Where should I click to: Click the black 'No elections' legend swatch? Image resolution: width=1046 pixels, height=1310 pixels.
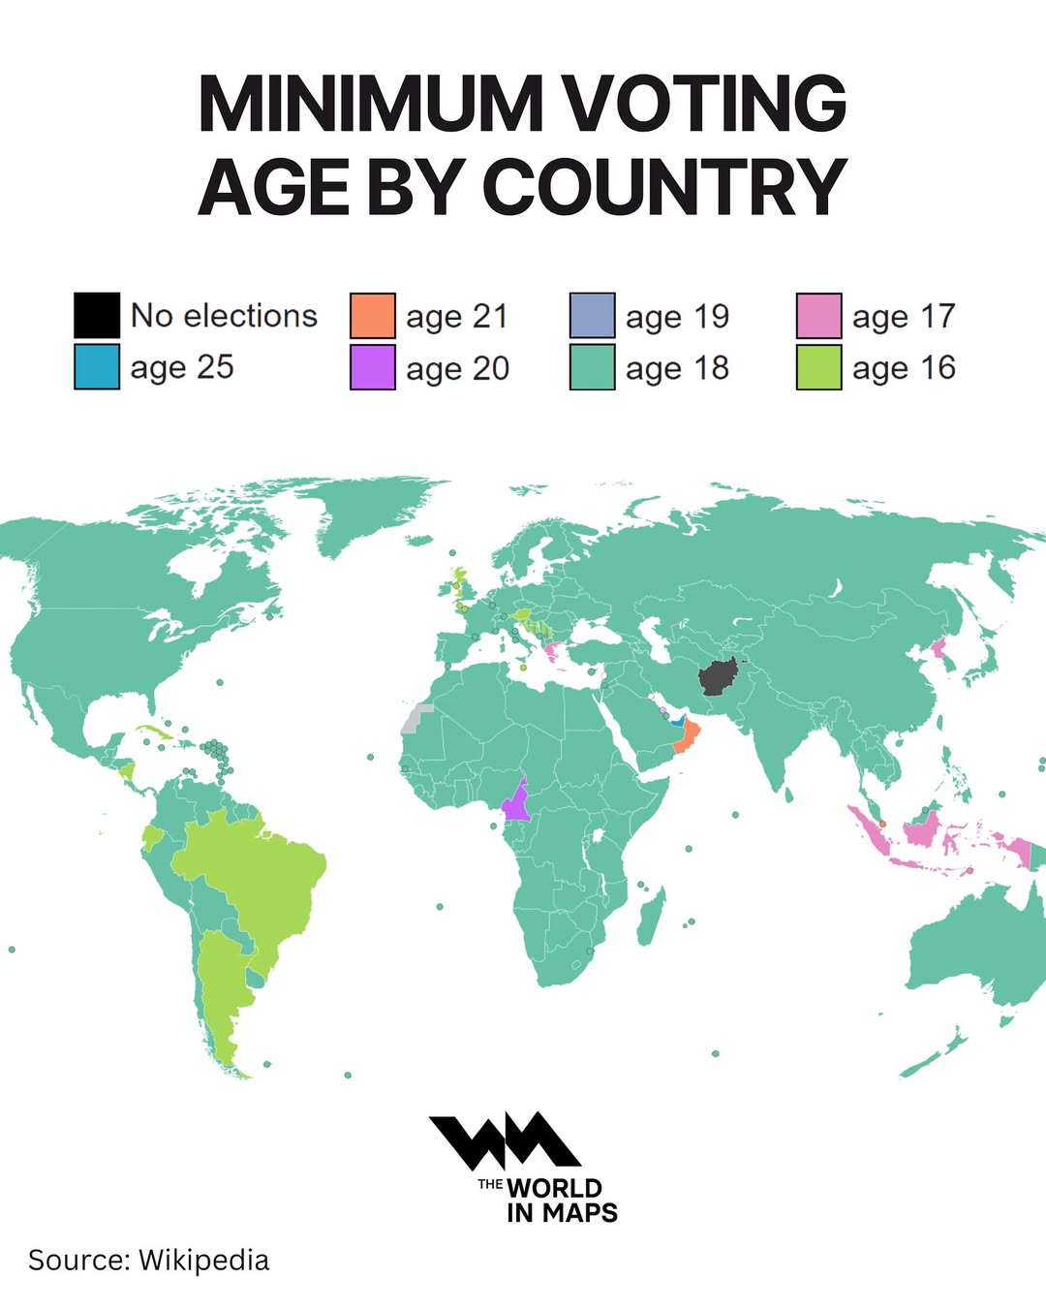coord(97,315)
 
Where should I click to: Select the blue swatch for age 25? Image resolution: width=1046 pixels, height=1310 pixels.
coord(97,367)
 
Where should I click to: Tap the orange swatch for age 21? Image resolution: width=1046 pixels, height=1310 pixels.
coord(373,316)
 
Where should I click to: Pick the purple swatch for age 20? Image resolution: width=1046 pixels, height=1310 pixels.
coord(373,368)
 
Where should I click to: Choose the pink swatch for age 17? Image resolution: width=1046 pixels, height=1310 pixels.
coord(818,316)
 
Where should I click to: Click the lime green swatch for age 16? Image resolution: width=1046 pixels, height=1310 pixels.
coord(818,368)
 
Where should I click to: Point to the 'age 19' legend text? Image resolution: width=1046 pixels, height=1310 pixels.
coord(677,316)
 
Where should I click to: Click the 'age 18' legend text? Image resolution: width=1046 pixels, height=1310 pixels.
coord(677,368)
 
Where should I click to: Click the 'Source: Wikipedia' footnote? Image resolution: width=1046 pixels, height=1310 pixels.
coord(148,1260)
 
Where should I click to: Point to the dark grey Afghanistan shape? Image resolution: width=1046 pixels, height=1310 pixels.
coord(718,676)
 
